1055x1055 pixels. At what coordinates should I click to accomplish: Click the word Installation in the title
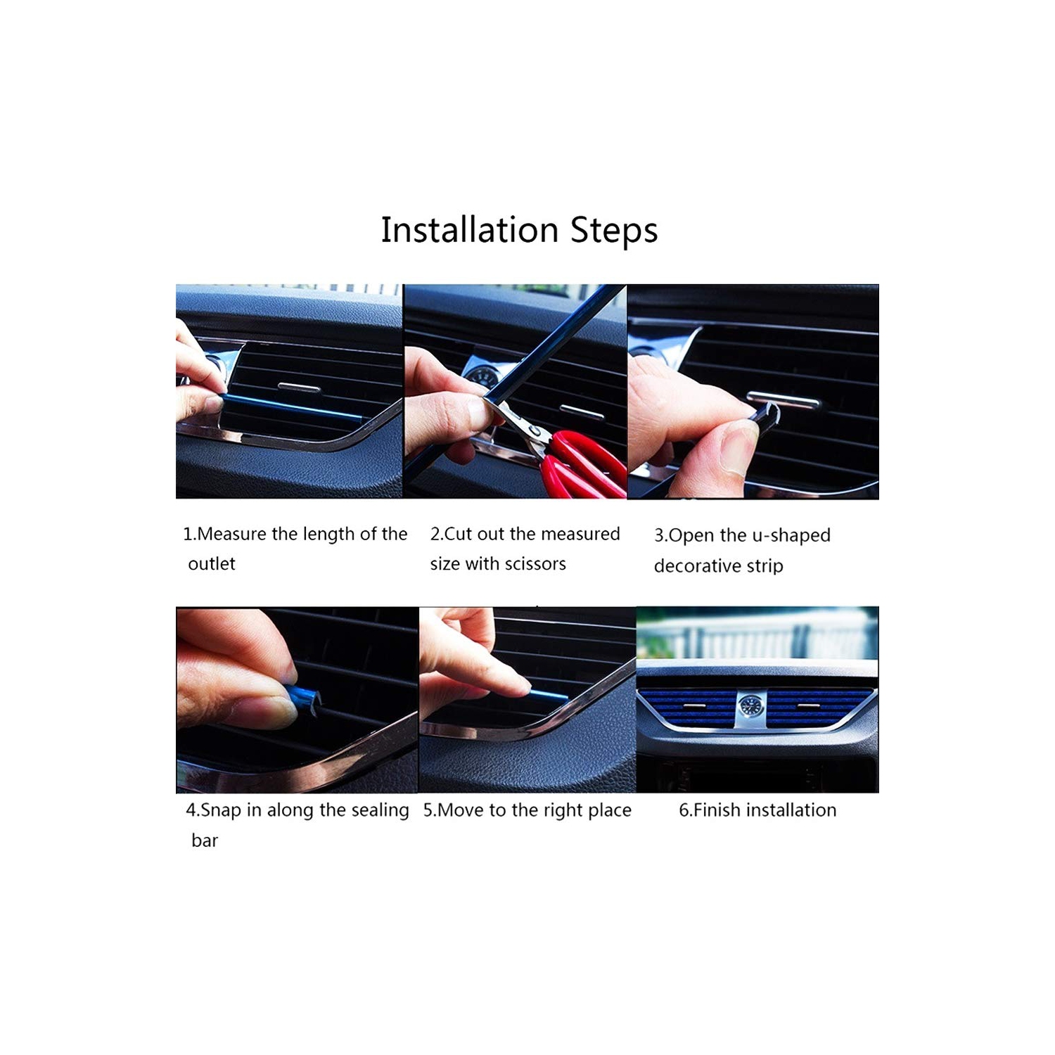[469, 230]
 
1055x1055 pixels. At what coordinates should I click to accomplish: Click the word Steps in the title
[613, 230]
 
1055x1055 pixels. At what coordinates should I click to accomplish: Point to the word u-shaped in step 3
[791, 535]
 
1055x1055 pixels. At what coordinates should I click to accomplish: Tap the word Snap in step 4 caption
[222, 810]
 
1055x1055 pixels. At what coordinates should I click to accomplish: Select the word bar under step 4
[205, 840]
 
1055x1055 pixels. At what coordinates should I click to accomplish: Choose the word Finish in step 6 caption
[717, 810]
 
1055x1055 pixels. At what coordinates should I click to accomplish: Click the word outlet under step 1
[212, 563]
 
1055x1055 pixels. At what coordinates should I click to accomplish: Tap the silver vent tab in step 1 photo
[299, 387]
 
